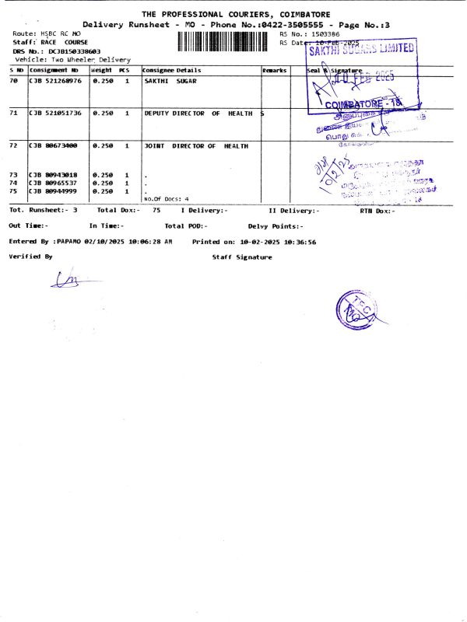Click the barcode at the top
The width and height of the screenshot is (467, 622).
(226, 40)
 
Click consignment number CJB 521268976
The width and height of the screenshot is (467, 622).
(55, 81)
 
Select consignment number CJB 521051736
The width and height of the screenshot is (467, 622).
(55, 114)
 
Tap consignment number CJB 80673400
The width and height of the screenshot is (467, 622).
(54, 145)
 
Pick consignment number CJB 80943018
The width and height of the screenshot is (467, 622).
(54, 175)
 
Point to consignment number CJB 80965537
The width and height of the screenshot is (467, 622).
(54, 183)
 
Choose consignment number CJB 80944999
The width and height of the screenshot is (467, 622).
(54, 190)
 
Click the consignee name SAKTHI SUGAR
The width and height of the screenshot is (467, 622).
(170, 81)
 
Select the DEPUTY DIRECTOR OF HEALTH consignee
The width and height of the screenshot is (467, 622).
(198, 114)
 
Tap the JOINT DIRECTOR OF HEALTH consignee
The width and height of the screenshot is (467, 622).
(196, 145)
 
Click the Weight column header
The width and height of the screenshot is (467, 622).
(102, 70)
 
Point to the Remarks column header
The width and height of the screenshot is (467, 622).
(275, 70)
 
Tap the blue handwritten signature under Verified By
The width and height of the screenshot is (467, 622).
(65, 279)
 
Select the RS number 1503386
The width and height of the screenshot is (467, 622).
(325, 34)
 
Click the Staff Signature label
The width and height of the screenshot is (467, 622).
(242, 257)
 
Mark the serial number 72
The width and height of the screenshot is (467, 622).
(13, 145)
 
